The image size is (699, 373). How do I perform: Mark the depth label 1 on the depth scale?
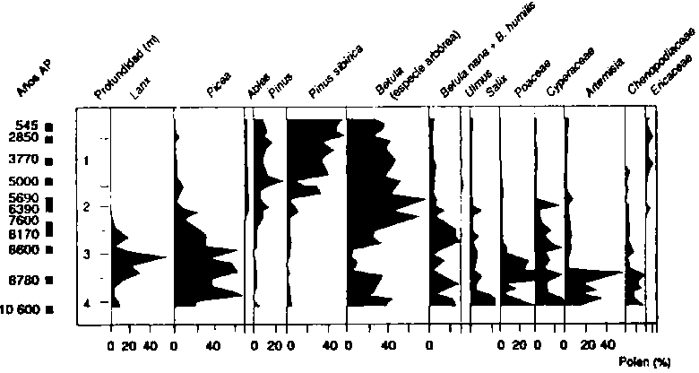click(86, 161)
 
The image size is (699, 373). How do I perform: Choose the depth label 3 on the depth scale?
click(86, 256)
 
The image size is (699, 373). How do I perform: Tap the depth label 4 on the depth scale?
click(86, 303)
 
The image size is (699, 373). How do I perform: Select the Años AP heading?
click(31, 81)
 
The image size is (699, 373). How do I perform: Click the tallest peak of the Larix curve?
click(166, 257)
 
